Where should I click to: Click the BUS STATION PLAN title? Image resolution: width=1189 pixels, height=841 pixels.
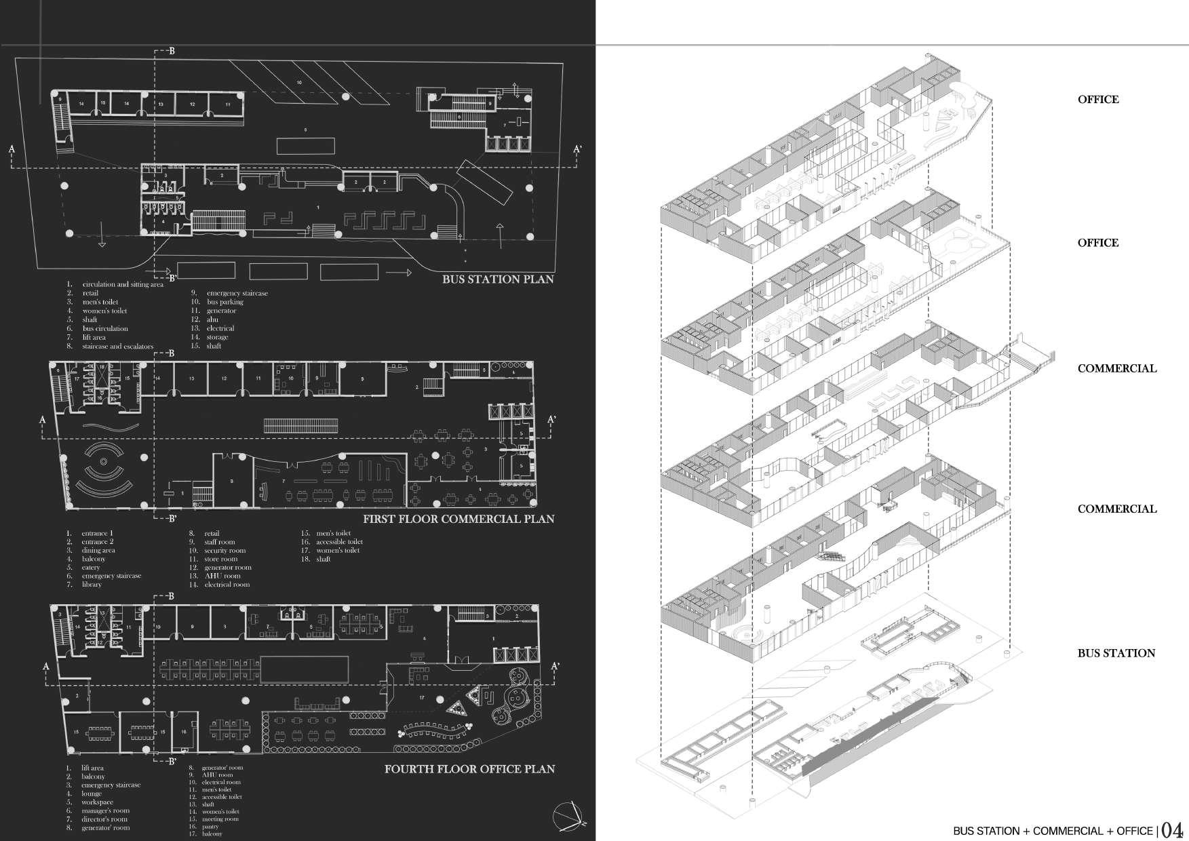pyautogui.click(x=498, y=279)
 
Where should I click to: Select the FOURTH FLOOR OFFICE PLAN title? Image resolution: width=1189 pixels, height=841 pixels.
pyautogui.click(x=469, y=769)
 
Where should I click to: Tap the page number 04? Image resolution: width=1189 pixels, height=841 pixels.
pyautogui.click(x=1172, y=830)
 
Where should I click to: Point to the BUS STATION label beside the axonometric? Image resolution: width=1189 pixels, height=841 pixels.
pyautogui.click(x=1116, y=653)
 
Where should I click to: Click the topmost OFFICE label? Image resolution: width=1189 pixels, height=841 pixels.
pyautogui.click(x=1098, y=100)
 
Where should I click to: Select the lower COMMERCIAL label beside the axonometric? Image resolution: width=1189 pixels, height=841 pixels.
pyautogui.click(x=1117, y=509)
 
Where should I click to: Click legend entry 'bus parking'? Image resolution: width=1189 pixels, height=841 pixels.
pyautogui.click(x=225, y=302)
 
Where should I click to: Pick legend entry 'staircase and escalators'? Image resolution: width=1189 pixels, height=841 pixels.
pyautogui.click(x=118, y=346)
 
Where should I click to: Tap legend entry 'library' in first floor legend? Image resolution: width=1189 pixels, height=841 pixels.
pyautogui.click(x=91, y=584)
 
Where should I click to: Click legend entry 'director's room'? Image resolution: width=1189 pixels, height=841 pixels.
pyautogui.click(x=104, y=819)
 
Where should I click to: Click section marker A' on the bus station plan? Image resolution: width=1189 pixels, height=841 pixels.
pyautogui.click(x=577, y=149)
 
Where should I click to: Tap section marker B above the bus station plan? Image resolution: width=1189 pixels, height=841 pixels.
pyautogui.click(x=172, y=52)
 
